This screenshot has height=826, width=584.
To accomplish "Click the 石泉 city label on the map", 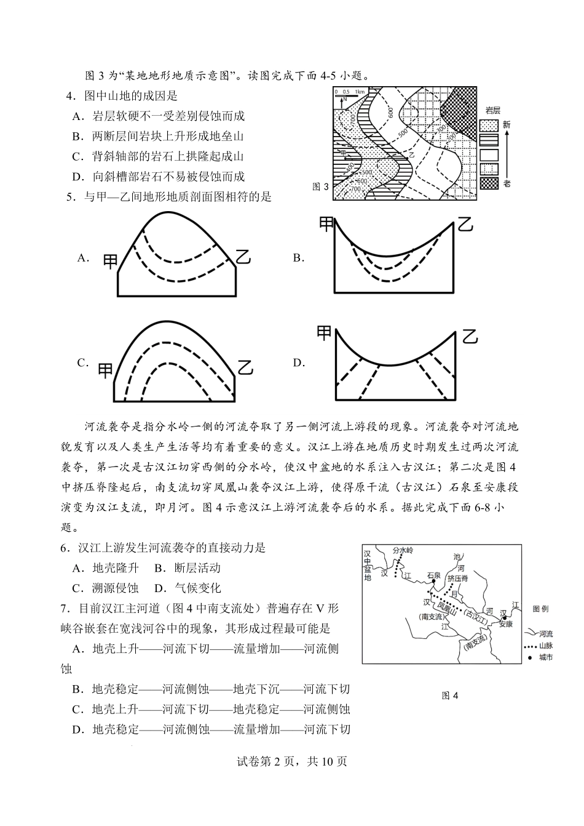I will click(x=433, y=575).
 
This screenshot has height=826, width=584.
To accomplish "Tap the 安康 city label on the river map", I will click(x=505, y=624).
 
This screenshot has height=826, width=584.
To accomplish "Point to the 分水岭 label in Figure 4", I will click(x=404, y=548).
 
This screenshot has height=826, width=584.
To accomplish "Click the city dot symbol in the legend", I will click(x=529, y=658).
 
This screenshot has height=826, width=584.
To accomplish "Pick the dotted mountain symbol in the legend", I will click(x=529, y=646).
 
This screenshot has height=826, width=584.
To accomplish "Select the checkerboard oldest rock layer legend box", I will click(x=489, y=183).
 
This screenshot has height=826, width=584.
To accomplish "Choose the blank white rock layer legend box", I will click(x=489, y=154).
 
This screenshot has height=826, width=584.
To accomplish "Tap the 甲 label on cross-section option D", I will click(x=324, y=333).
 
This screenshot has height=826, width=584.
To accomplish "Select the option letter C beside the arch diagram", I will click(x=83, y=363).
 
